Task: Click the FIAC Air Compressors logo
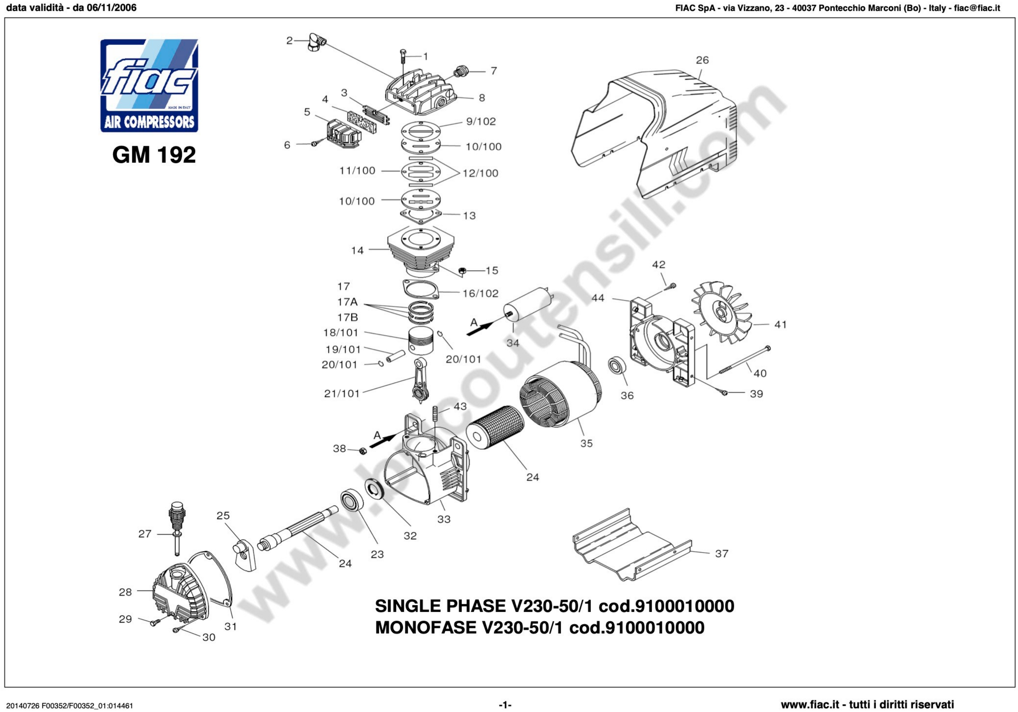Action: click(x=149, y=86)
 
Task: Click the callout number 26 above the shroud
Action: click(x=702, y=60)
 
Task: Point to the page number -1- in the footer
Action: click(x=505, y=704)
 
